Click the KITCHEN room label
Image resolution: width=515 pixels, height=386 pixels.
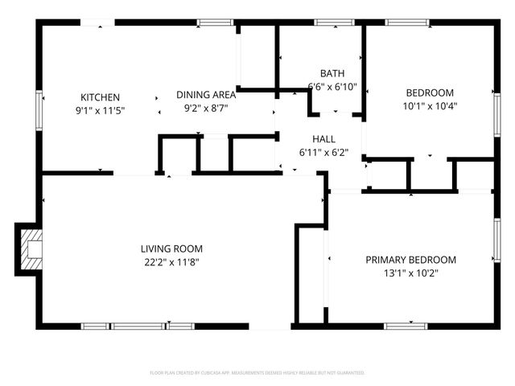100,97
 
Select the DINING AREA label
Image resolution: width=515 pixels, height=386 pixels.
206,94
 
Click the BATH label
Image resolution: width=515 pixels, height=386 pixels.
332,73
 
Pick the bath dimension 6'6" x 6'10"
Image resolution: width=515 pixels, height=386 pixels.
332,86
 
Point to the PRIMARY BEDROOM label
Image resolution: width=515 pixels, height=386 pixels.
410,260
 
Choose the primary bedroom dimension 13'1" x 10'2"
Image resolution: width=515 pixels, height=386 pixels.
410,273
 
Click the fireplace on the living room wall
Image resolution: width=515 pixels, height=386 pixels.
30,249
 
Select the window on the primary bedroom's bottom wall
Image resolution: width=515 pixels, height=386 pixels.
405,326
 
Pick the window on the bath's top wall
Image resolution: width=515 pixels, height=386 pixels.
328,22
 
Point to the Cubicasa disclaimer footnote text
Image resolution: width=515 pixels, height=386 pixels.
257,373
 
